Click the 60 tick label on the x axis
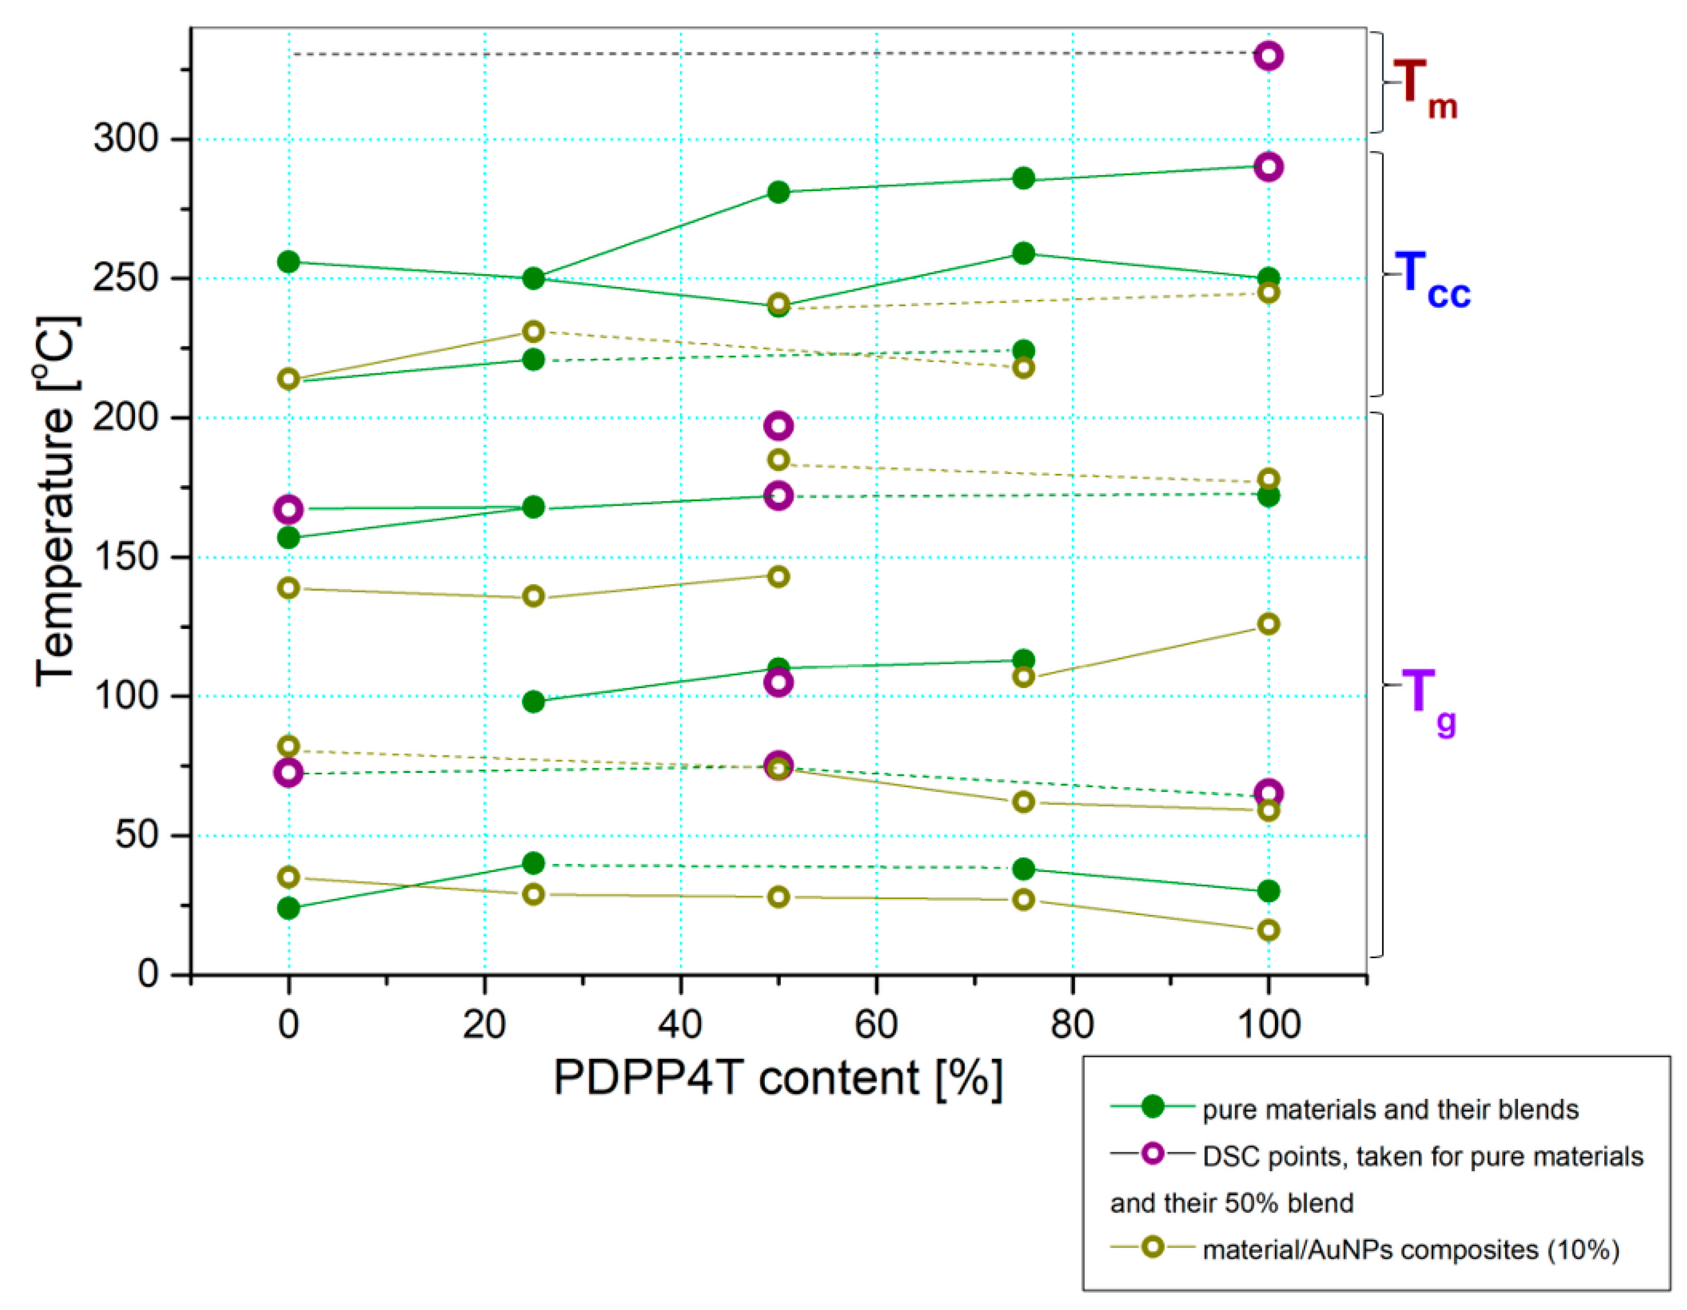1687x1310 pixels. point(876,1025)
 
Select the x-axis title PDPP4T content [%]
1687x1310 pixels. point(778,1078)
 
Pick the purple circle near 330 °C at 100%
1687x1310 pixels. point(1268,55)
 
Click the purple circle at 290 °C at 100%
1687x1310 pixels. point(1268,167)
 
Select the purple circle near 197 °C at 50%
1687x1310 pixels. point(778,426)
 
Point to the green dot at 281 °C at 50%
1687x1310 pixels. point(778,191)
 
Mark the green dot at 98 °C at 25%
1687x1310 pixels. point(533,701)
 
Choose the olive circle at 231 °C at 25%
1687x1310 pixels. point(533,332)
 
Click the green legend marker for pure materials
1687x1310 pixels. point(1152,1106)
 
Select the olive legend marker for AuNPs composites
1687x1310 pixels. point(1152,1247)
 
